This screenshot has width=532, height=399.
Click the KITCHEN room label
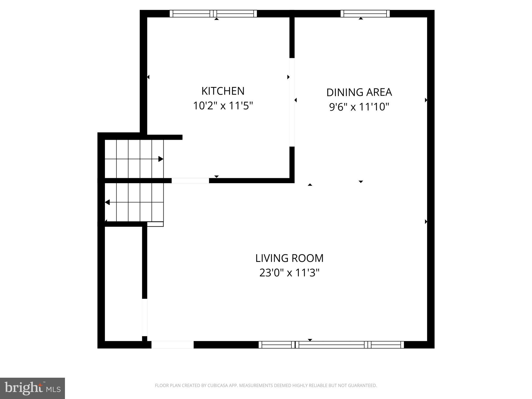[x=223, y=91]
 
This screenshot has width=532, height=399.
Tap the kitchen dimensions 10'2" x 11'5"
[x=223, y=106]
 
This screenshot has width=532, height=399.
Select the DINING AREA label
[x=359, y=92]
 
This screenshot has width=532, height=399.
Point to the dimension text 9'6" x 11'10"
[x=359, y=107]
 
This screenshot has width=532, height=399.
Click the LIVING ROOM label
[x=289, y=258]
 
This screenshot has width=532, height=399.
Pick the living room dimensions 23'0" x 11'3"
[x=289, y=273]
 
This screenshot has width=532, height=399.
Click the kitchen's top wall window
[x=213, y=14]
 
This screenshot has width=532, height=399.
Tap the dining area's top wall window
[x=365, y=14]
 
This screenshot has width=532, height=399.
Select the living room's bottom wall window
[x=331, y=345]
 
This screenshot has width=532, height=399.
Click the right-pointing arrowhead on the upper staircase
[x=161, y=159]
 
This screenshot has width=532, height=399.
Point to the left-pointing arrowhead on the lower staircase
[x=107, y=202]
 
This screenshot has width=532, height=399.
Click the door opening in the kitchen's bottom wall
[x=190, y=181]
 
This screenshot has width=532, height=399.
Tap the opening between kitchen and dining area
[x=292, y=102]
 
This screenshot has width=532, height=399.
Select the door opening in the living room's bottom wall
[x=172, y=345]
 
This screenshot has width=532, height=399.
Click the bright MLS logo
[x=32, y=388]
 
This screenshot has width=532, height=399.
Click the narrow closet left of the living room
[x=123, y=283]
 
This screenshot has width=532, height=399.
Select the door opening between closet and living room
[x=145, y=317]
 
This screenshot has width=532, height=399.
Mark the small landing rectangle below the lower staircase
[x=155, y=224]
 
